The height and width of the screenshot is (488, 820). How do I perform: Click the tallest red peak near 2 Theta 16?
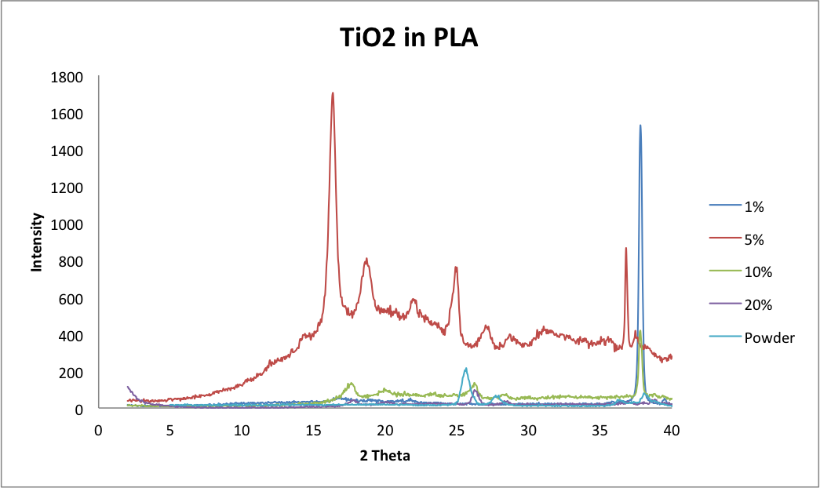[x=333, y=94]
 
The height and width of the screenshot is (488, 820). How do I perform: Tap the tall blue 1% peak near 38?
[x=640, y=126]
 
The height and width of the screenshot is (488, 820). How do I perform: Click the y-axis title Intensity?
[x=36, y=242]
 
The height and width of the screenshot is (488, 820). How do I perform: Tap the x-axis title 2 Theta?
[x=384, y=455]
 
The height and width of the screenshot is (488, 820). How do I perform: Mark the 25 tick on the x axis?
[x=457, y=430]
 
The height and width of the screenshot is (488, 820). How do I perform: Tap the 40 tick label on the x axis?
[x=672, y=430]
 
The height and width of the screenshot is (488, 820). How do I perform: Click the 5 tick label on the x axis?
[x=170, y=430]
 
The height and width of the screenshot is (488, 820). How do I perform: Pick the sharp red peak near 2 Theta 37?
[x=625, y=249]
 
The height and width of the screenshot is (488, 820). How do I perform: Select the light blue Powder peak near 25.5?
[x=465, y=369]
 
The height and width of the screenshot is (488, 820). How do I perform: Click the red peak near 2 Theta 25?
[x=456, y=268]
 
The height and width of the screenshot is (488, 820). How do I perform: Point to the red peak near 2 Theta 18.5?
[x=366, y=260]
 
